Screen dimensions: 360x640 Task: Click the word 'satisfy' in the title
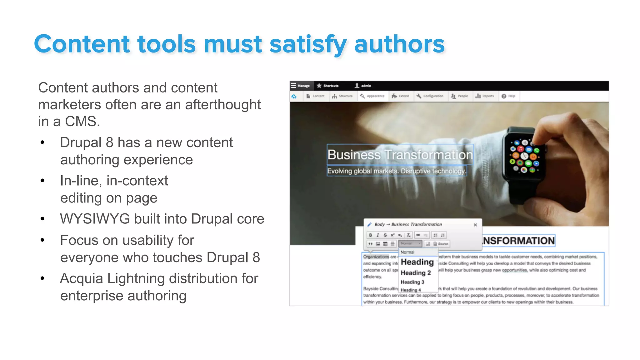point(308,44)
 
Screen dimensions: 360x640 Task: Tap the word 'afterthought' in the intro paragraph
point(223,105)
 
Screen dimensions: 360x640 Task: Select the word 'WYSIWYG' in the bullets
point(95,219)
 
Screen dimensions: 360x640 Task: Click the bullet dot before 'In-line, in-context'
point(42,181)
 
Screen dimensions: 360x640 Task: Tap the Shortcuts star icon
point(319,86)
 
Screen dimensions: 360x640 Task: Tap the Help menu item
point(508,96)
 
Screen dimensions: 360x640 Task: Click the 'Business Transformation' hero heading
point(400,155)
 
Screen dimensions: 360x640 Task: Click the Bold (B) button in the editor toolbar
point(371,235)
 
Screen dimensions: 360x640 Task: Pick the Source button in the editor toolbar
point(441,244)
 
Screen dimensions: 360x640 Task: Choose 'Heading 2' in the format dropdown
point(416,273)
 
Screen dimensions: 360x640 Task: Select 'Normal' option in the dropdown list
point(407,252)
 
